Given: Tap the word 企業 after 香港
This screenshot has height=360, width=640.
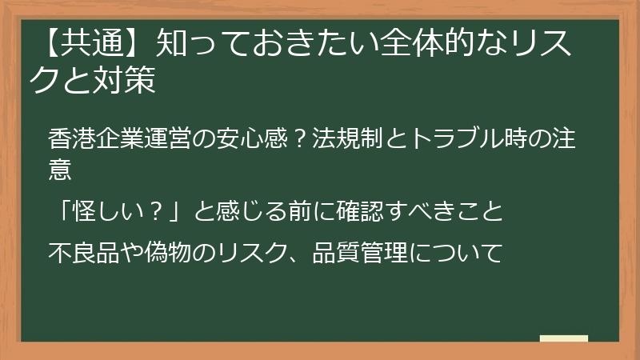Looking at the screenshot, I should (x=117, y=138).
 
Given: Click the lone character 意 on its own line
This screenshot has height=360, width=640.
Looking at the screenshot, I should (x=60, y=170).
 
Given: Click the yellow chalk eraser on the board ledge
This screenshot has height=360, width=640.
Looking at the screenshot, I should (x=563, y=338).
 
